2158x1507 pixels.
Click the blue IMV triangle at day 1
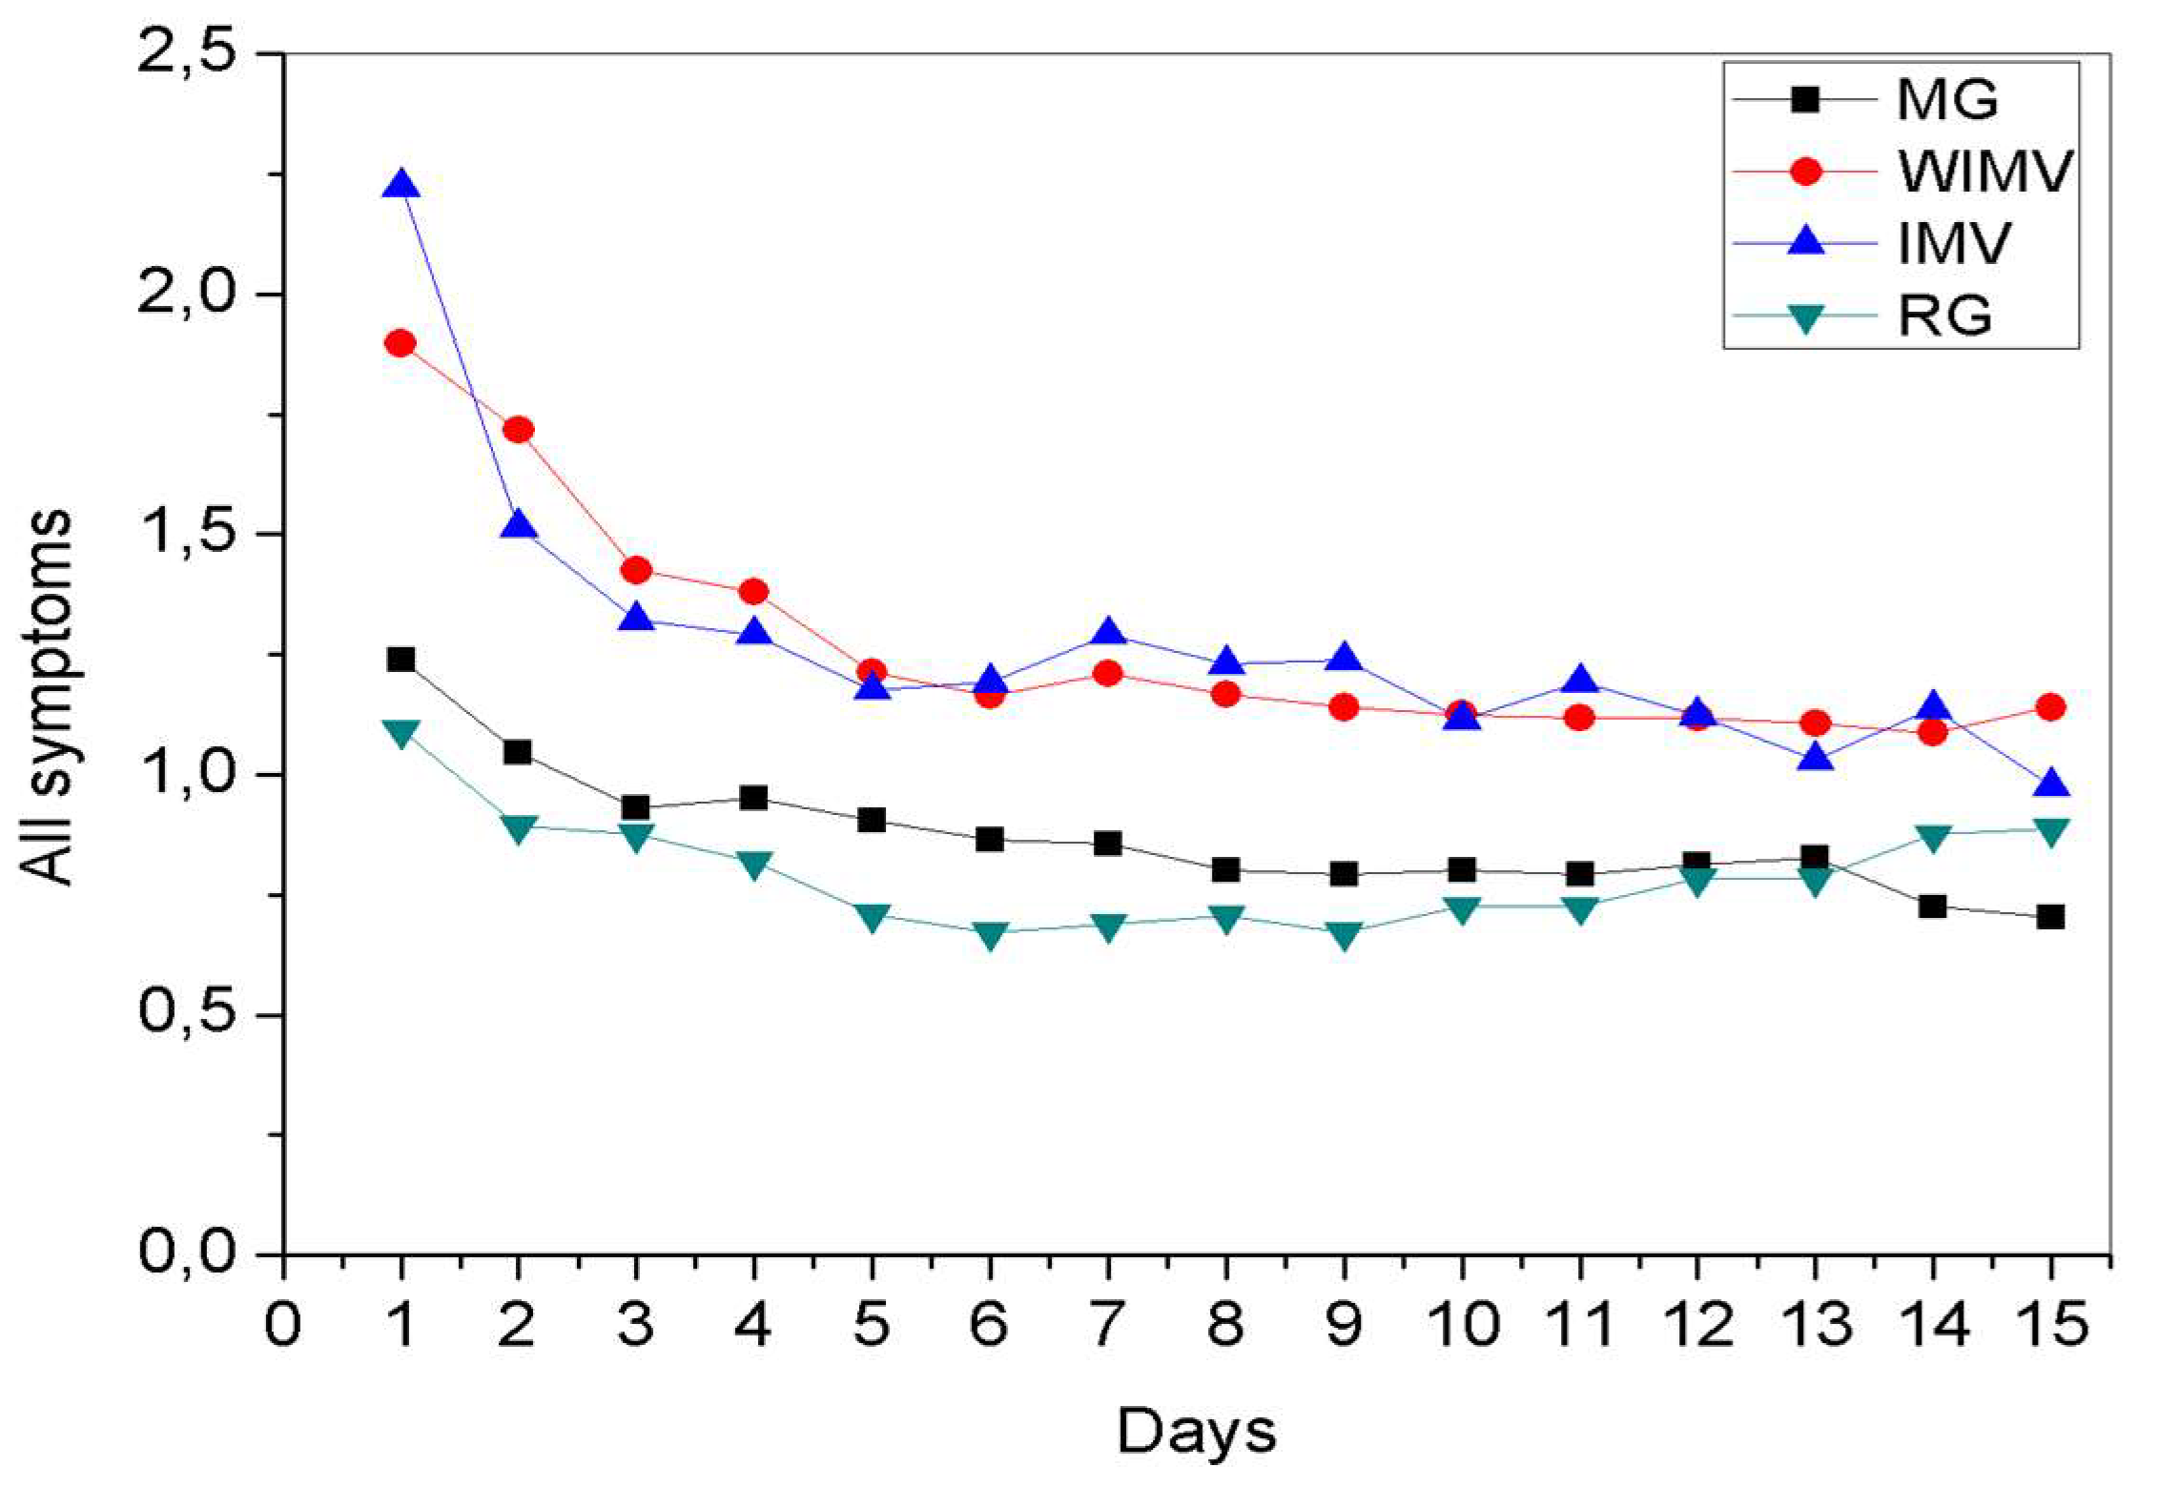pos(401,184)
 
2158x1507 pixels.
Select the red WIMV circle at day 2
pos(518,430)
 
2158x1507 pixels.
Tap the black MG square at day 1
pos(401,659)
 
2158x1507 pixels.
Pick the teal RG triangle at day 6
pos(990,933)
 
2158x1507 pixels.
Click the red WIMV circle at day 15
pos(2050,707)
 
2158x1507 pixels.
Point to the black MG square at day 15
pos(2050,917)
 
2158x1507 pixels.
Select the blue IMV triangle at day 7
pos(1107,633)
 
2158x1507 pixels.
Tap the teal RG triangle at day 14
pos(1932,836)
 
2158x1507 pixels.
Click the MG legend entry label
pos(1946,99)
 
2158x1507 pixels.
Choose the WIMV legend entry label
pos(1984,172)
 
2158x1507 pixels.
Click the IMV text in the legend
pos(1954,243)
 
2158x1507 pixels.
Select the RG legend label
pos(1944,315)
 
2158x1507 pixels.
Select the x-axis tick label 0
pos(282,1325)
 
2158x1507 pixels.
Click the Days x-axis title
pos(1196,1433)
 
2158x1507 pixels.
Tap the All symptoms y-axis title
pos(48,696)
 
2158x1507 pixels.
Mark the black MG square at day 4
pos(753,798)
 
